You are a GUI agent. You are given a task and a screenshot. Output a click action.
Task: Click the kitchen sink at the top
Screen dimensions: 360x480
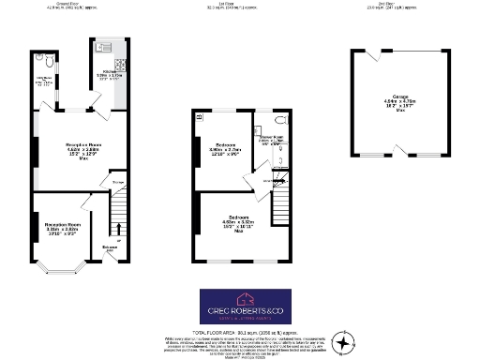point(103,44)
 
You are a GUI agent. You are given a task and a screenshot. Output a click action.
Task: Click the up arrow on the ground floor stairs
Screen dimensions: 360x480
point(118,228)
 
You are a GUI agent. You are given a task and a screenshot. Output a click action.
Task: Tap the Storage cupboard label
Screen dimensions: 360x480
point(118,182)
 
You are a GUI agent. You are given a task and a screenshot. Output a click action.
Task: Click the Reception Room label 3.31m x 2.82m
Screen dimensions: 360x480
point(60,229)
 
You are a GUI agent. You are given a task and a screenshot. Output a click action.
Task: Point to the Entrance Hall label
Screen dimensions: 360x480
point(111,250)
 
